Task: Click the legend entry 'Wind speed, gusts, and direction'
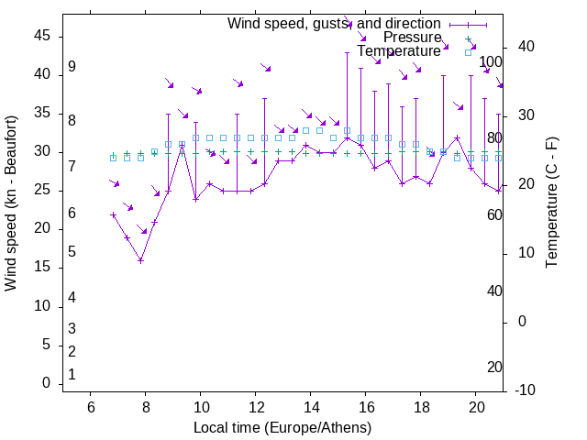pos(334,23)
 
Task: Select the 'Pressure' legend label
pos(412,38)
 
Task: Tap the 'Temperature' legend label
pos(398,51)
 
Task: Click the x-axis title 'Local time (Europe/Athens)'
pos(282,428)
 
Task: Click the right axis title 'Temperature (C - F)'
pos(551,203)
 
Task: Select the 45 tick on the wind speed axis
pos(43,35)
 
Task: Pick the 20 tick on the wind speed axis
pos(43,229)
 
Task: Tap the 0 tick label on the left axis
pos(47,383)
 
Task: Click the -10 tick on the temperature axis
pos(525,390)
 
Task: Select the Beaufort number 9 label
pos(72,68)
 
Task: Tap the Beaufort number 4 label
pos(72,298)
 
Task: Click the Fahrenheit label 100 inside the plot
pos(492,62)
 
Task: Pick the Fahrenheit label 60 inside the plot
pos(494,214)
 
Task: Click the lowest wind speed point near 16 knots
pos(140,260)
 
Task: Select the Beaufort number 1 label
pos(72,374)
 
